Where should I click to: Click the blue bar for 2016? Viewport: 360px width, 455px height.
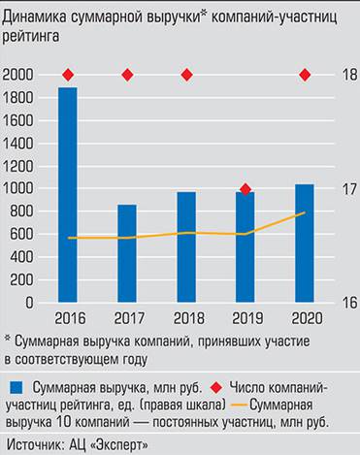pyautogui.click(x=68, y=194)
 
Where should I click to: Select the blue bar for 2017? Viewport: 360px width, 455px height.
pyautogui.click(x=127, y=253)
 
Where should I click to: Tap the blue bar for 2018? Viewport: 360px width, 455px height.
pyautogui.click(x=186, y=247)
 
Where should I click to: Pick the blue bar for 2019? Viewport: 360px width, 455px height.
pyautogui.click(x=245, y=247)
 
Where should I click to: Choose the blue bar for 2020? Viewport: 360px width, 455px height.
pyautogui.click(x=305, y=243)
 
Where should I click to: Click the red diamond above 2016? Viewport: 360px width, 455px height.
pyautogui.click(x=68, y=75)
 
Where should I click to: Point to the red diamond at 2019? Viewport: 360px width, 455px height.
pyautogui.click(x=245, y=189)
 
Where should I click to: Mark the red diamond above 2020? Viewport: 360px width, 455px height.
pyautogui.click(x=305, y=75)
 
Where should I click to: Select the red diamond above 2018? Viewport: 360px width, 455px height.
pyautogui.click(x=186, y=75)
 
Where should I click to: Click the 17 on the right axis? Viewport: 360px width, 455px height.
pyautogui.click(x=340, y=189)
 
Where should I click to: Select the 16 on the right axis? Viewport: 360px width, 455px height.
pyautogui.click(x=340, y=303)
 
